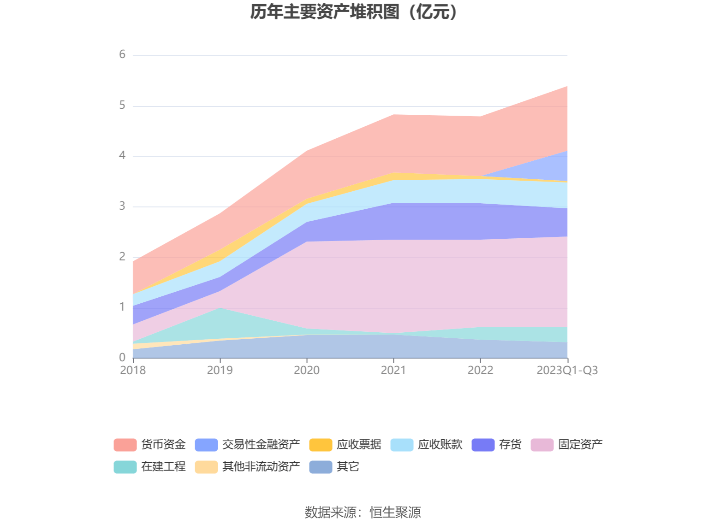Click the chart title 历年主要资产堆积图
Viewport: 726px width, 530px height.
[354, 12]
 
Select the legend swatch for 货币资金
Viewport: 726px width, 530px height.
[125, 445]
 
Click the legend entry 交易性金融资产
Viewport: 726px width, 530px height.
[261, 445]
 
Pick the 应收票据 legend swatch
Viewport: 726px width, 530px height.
[321, 445]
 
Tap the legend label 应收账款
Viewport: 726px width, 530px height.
[440, 445]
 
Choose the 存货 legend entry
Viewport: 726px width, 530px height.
[510, 445]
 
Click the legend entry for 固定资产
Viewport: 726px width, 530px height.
[580, 445]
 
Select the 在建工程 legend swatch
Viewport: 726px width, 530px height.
[125, 467]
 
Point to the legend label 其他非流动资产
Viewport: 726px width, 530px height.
[261, 467]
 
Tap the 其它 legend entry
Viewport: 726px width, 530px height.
[347, 467]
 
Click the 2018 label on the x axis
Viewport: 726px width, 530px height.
[133, 371]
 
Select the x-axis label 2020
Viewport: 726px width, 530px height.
[307, 371]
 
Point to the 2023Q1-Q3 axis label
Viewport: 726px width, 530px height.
[567, 371]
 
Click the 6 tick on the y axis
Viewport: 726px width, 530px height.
[122, 55]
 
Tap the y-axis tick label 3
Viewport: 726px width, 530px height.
[122, 206]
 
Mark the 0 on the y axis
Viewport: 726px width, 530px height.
[122, 358]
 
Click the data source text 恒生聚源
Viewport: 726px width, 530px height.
[395, 512]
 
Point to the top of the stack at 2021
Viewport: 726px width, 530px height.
[394, 115]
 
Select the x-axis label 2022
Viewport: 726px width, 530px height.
[480, 371]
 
